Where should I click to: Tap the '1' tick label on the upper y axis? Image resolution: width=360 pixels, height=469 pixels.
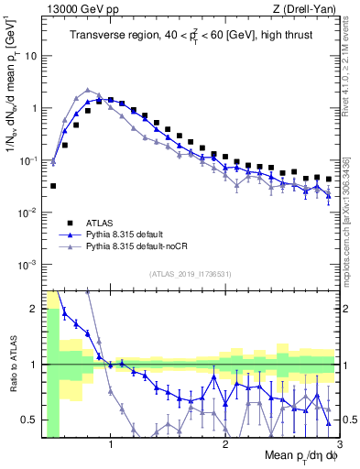click(33, 108)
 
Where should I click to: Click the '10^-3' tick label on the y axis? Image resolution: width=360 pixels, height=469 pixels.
click(28, 265)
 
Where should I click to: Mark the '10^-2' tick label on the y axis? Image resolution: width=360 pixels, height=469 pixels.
click(28, 213)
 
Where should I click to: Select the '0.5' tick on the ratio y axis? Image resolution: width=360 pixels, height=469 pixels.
click(28, 420)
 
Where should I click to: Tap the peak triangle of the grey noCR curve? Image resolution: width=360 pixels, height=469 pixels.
click(88, 91)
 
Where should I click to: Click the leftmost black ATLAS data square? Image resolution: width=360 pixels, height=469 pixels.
click(54, 186)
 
